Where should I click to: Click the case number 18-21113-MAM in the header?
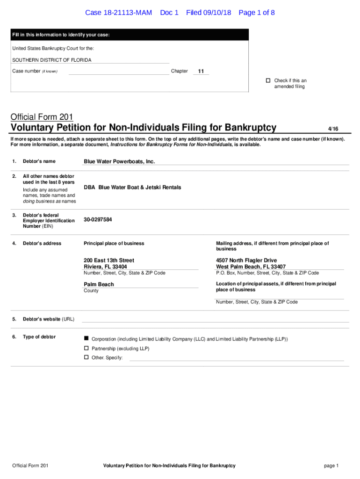click(118, 13)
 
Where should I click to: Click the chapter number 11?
click(201, 72)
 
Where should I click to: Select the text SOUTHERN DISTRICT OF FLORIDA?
click(52, 60)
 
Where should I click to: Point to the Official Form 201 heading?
click(42, 117)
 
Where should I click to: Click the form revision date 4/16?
click(333, 128)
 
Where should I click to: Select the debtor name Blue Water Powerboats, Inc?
click(119, 161)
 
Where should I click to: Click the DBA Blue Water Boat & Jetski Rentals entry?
click(132, 187)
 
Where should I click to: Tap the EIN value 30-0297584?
click(98, 219)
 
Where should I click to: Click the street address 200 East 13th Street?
click(109, 260)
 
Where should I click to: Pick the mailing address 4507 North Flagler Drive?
click(246, 260)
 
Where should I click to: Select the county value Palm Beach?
click(99, 284)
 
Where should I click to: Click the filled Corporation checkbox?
click(86, 338)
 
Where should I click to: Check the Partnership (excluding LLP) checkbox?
click(86, 348)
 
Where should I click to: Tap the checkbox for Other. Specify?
click(86, 357)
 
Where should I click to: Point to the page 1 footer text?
click(331, 465)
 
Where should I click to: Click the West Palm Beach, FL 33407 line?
click(251, 267)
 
